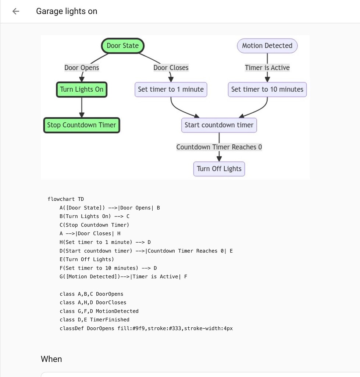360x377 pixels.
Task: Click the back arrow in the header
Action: pyautogui.click(x=15, y=11)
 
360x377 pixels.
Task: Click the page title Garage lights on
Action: pyautogui.click(x=67, y=11)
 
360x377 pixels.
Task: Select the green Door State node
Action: pyautogui.click(x=122, y=46)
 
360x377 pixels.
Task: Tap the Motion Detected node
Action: pyautogui.click(x=267, y=46)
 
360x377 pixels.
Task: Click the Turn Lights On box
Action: pyautogui.click(x=82, y=89)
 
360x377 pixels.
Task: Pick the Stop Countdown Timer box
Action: pyautogui.click(x=82, y=125)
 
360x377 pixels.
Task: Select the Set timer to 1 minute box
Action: pyautogui.click(x=171, y=89)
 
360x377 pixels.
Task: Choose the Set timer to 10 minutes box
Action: pyautogui.click(x=267, y=89)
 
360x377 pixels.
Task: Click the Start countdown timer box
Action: pyautogui.click(x=219, y=125)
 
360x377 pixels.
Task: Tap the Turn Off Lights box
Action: pyautogui.click(x=219, y=169)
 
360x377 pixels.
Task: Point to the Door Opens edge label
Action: pyautogui.click(x=82, y=68)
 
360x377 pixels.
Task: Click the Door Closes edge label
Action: pyautogui.click(x=171, y=68)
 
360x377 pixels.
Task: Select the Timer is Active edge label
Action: pyautogui.click(x=267, y=68)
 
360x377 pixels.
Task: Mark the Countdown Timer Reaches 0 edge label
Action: pyautogui.click(x=219, y=147)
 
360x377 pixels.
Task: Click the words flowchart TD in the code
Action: pyautogui.click(x=65, y=199)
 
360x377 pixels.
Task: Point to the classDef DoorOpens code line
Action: pyautogui.click(x=146, y=328)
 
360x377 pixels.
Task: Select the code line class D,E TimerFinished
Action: pyautogui.click(x=95, y=320)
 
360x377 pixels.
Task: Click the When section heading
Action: pyautogui.click(x=51, y=359)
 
